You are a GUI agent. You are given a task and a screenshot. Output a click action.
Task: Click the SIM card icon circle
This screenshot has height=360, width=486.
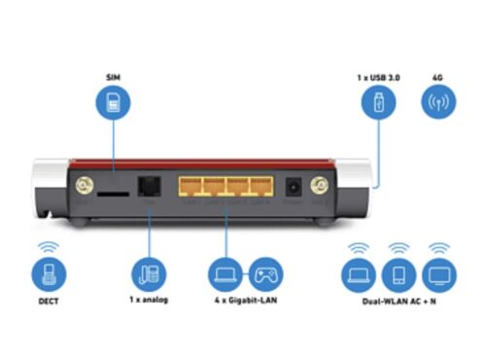click(113, 102)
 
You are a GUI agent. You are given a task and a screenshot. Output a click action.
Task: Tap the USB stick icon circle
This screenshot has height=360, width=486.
click(378, 102)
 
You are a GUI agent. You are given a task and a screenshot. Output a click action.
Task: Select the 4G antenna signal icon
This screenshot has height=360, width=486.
click(438, 102)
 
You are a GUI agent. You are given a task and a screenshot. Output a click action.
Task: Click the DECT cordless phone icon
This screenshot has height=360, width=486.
click(49, 274)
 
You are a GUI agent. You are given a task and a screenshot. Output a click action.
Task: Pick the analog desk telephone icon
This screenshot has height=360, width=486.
click(149, 274)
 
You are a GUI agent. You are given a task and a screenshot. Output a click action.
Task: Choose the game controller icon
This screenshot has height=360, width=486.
click(265, 274)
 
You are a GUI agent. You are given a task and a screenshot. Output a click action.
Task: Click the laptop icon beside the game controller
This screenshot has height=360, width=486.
click(226, 274)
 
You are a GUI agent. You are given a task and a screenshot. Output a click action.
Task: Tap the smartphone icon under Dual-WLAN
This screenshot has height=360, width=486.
click(399, 275)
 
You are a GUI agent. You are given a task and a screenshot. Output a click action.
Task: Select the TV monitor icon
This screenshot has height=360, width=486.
click(439, 275)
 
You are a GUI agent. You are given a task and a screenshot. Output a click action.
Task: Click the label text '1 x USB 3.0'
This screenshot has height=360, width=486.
click(378, 78)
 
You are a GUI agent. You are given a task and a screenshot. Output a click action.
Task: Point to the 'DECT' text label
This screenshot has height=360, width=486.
click(49, 302)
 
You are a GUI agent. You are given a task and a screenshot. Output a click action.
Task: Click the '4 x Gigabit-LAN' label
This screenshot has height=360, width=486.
click(246, 300)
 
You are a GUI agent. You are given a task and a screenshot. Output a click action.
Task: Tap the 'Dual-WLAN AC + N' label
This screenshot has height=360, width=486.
click(399, 302)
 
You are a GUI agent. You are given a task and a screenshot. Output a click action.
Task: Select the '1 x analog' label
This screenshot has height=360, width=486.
click(149, 300)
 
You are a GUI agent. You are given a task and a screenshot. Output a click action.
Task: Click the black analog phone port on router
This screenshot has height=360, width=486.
click(150, 186)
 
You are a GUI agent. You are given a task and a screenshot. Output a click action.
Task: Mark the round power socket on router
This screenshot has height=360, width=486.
click(294, 187)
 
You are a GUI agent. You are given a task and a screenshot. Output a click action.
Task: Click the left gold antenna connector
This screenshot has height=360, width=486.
click(85, 186)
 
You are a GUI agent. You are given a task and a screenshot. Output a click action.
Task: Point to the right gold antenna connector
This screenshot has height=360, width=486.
click(320, 186)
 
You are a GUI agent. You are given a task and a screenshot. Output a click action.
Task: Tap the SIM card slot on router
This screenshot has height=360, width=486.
click(113, 194)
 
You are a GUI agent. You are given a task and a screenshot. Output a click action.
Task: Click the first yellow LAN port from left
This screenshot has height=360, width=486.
click(190, 187)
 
